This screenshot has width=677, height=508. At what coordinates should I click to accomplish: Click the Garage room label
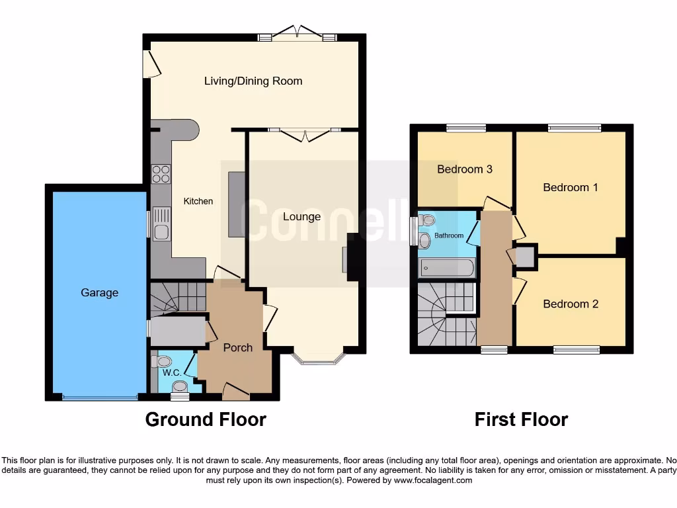coord(100,292)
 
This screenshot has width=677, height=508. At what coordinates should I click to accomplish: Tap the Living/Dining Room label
coord(253,81)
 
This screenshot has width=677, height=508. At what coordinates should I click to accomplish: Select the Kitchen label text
coord(198,201)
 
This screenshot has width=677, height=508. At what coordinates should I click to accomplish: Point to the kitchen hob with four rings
coord(161,173)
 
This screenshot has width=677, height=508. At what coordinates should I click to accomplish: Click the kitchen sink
coord(161,224)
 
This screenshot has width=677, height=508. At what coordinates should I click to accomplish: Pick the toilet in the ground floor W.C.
coord(161,361)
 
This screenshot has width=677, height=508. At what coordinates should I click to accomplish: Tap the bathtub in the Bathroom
coord(447,268)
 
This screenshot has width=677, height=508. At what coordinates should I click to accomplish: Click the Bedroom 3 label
coord(465,169)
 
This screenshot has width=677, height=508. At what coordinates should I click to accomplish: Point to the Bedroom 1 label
coord(571,187)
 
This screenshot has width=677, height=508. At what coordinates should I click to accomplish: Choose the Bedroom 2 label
coord(571,304)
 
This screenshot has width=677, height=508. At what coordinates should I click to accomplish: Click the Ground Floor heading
coord(206,419)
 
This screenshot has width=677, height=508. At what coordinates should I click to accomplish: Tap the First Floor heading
coord(521,419)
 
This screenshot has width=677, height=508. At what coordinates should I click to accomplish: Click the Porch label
coord(237,348)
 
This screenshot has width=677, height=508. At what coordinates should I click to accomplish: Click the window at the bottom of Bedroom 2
coord(576,349)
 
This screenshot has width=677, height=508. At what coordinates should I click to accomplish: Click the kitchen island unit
coord(236,204)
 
